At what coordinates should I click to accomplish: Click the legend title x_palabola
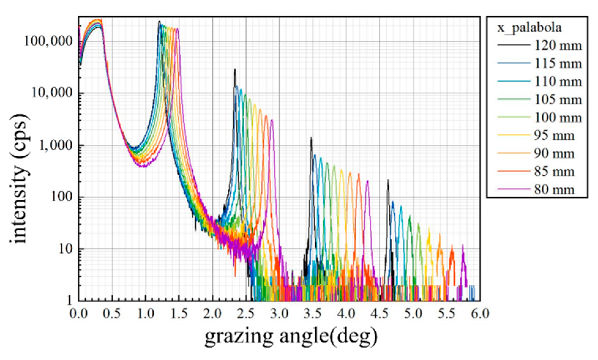pyautogui.click(x=529, y=28)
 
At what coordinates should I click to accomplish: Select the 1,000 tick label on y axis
pyautogui.click(x=55, y=145)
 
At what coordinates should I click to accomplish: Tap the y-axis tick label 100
pyautogui.click(x=60, y=197)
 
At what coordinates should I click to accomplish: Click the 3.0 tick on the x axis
pyautogui.click(x=279, y=314)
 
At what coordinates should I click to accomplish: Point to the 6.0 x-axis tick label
pyautogui.click(x=480, y=314)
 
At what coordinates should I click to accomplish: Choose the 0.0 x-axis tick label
pyautogui.click(x=79, y=314)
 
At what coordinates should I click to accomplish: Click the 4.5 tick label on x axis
pyautogui.click(x=380, y=314)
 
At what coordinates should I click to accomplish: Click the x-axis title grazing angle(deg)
pyautogui.click(x=291, y=336)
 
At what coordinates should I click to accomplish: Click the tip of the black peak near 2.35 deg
pyautogui.click(x=235, y=69)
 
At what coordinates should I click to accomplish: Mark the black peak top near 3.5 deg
pyautogui.click(x=311, y=138)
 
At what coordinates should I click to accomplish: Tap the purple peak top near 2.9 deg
pyautogui.click(x=272, y=120)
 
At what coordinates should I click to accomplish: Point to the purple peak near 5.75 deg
pyautogui.click(x=463, y=245)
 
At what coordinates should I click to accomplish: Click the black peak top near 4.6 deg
pyautogui.click(x=388, y=180)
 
